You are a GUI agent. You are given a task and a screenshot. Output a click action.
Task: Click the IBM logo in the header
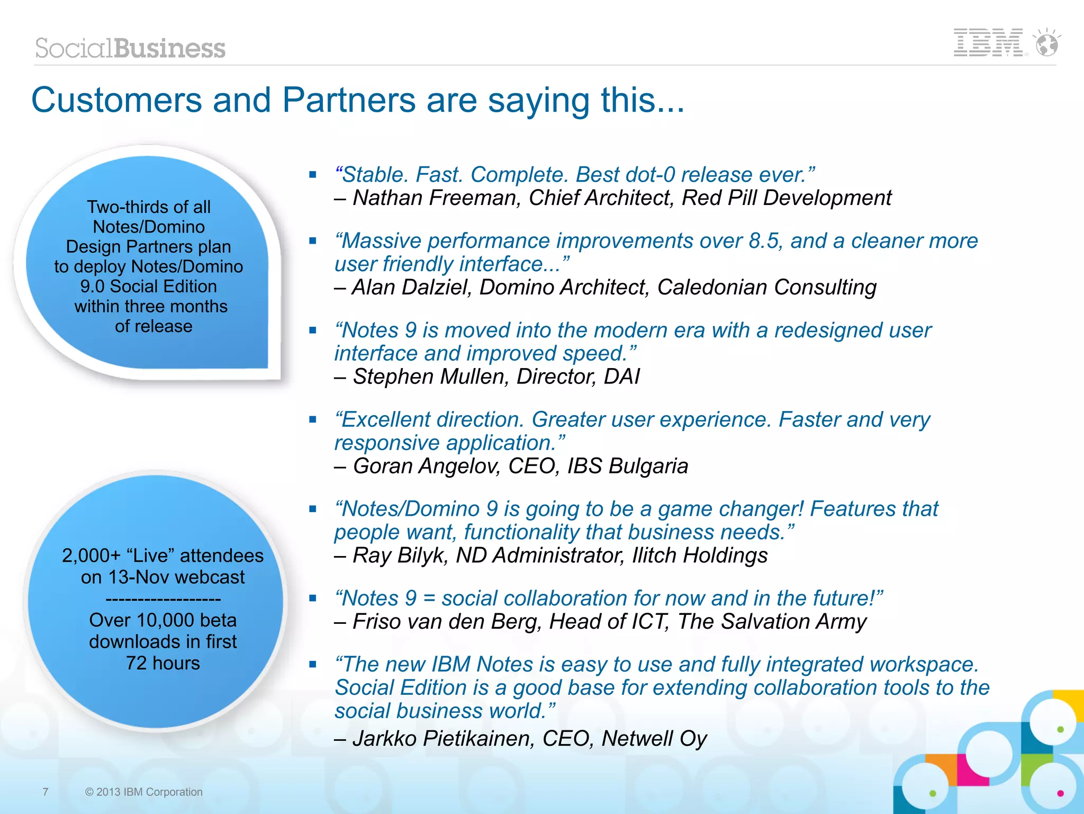[x=988, y=43]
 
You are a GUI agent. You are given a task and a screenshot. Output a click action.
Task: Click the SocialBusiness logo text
[x=130, y=48]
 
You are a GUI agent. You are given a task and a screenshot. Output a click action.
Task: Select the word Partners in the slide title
[x=349, y=100]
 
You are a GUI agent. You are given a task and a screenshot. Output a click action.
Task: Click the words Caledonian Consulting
[x=766, y=288]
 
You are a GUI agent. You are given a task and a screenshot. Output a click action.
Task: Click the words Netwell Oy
[x=654, y=739]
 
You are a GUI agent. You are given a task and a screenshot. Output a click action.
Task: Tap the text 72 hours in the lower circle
[x=163, y=663]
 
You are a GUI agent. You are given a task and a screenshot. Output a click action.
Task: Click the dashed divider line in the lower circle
[x=163, y=600]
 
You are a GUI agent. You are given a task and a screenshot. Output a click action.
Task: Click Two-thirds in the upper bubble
[x=121, y=207]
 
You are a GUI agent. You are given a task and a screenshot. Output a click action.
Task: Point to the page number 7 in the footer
[x=46, y=792]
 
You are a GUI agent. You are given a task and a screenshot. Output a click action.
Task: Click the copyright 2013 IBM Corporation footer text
[x=143, y=792]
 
